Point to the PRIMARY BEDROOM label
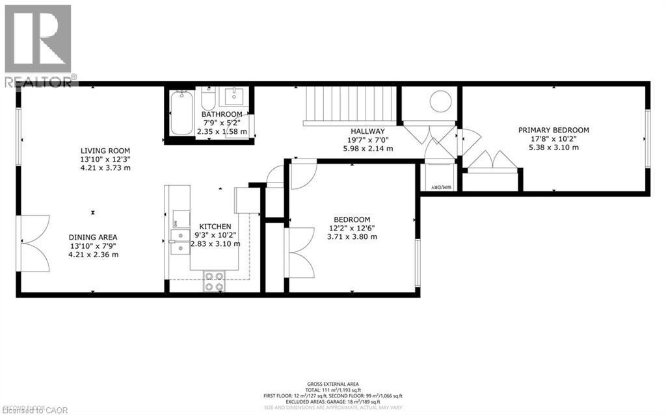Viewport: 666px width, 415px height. point(553,130)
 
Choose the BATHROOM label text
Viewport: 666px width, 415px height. point(222,114)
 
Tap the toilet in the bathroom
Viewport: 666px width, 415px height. point(208,101)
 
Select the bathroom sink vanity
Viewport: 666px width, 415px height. point(235,98)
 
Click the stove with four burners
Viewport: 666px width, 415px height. point(215,281)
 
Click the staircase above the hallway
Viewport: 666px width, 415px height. point(350,104)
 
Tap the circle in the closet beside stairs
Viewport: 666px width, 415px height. point(440,101)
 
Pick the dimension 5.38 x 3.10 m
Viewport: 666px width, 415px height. point(553,147)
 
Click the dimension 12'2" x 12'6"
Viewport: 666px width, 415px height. point(352,228)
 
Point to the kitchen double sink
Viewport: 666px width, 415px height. point(177,240)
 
